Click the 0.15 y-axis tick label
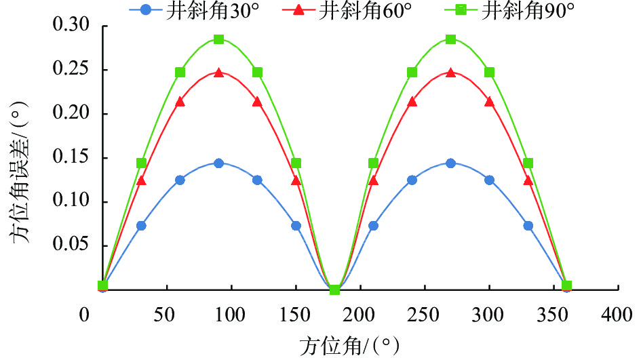pos(76,159)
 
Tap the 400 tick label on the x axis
pos(618,315)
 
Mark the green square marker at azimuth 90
pos(218,39)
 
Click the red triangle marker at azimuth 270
pos(450,73)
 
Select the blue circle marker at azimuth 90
pos(218,163)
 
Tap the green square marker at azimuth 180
pos(334,289)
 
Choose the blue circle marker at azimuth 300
pos(489,180)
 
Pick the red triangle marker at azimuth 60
pos(180,102)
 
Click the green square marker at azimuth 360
pos(566,285)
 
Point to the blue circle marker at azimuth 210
pos(373,226)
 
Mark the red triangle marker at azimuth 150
pos(296,180)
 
